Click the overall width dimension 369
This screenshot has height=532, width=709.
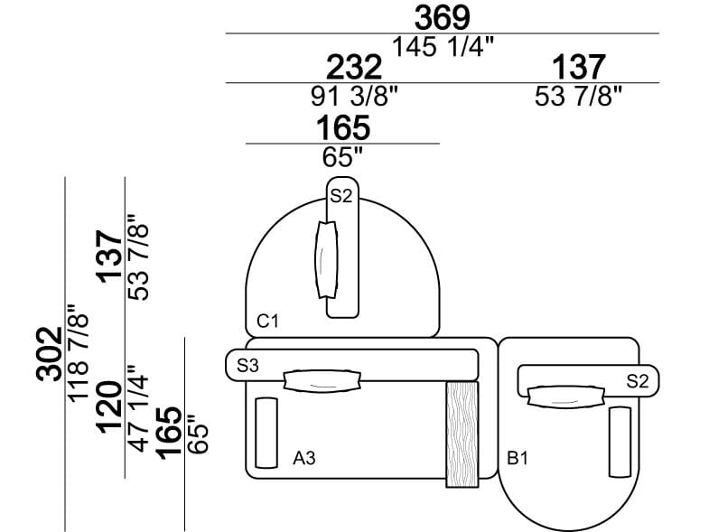click(x=443, y=17)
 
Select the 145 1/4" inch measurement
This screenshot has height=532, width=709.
click(x=443, y=46)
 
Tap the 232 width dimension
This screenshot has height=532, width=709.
click(x=353, y=67)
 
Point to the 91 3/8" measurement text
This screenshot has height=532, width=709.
click(x=353, y=96)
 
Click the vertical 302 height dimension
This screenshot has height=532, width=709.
click(x=51, y=354)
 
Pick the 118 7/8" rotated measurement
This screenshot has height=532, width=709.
click(x=80, y=354)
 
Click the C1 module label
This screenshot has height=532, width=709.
click(x=267, y=320)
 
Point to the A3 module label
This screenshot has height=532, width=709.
click(x=304, y=459)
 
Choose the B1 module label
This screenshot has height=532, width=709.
click(x=517, y=459)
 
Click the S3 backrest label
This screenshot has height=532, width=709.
click(x=248, y=366)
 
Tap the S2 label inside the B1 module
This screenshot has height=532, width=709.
click(x=638, y=380)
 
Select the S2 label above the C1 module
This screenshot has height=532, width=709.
click(x=341, y=195)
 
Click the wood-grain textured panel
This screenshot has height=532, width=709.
click(x=462, y=434)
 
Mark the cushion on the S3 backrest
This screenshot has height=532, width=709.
click(x=322, y=380)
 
